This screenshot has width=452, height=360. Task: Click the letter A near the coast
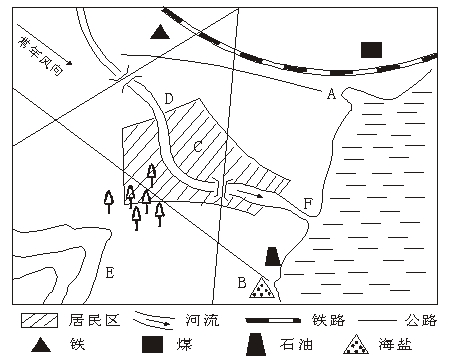(x=331, y=94)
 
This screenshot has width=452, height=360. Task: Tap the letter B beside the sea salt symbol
(x=242, y=283)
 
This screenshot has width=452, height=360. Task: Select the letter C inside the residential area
(x=198, y=146)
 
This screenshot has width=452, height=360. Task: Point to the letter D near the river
(x=169, y=99)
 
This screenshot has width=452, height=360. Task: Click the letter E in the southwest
(x=110, y=273)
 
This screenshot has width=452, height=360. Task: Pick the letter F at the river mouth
(x=308, y=203)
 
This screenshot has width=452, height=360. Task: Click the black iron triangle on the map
(x=160, y=32)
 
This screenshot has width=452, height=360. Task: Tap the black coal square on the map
(x=371, y=50)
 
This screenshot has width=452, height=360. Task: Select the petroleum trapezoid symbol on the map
(x=273, y=256)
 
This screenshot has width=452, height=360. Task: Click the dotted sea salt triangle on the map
(x=262, y=288)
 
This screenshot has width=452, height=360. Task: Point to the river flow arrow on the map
(x=247, y=193)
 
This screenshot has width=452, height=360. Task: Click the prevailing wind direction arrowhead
(x=69, y=62)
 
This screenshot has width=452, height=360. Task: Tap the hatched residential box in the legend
(x=39, y=320)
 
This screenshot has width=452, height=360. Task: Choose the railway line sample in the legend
(x=273, y=321)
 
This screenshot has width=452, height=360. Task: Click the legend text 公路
(x=421, y=320)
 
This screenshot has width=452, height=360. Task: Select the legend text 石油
(x=296, y=344)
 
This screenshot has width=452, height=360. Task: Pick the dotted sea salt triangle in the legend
(x=356, y=344)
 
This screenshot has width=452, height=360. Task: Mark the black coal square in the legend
(x=153, y=344)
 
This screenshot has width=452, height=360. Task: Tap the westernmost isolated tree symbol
(x=109, y=202)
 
